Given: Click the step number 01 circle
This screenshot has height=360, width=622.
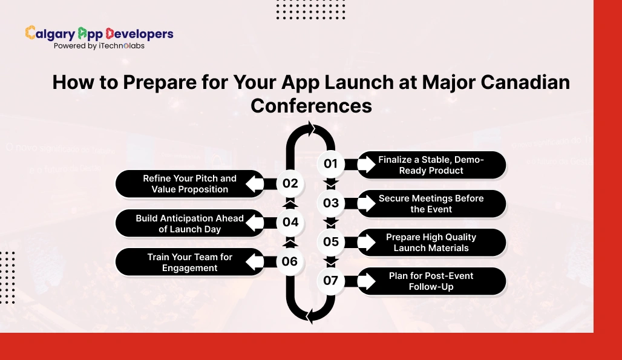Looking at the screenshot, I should point(331,164).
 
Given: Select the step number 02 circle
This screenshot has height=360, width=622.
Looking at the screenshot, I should point(290,183).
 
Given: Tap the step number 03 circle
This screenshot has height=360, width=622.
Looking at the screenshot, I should point(331,203).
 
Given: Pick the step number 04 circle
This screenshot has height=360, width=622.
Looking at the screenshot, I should point(290,222).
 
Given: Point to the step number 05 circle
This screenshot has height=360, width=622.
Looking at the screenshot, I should point(331,241).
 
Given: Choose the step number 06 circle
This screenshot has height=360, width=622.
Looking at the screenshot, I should point(290,261).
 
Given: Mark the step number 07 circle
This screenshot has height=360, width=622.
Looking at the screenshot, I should point(331,281).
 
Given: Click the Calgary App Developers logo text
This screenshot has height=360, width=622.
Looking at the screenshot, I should point(99,33).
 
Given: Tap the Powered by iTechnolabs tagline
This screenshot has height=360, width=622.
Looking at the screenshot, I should point(99,46).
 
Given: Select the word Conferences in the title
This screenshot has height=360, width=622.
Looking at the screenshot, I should point(311,105).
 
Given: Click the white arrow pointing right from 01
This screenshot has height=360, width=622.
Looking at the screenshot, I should point(367,165).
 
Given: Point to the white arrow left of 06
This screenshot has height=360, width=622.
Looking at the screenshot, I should point(255,261).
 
